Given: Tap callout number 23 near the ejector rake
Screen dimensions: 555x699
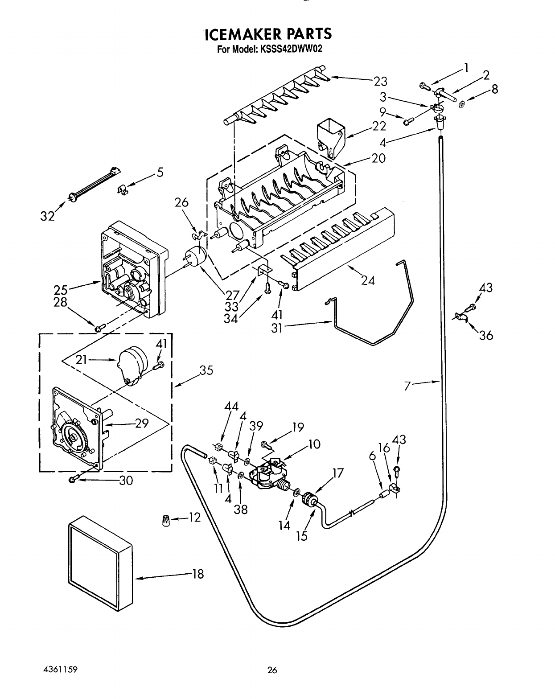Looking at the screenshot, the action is coord(381,81).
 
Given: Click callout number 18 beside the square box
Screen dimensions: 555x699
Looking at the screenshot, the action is coord(198,574).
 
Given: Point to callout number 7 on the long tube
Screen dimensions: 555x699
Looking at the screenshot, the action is coord(407,387).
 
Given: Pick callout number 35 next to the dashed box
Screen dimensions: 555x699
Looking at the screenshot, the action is coord(207,370).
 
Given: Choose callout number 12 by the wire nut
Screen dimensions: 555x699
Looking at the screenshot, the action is coord(195,517).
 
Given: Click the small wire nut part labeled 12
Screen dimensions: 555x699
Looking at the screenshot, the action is coord(166,521).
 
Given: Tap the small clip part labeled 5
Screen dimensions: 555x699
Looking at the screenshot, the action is coord(123,190).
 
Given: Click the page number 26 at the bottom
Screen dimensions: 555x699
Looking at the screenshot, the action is coord(272,670).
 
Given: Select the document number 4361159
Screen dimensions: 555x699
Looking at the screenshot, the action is coord(60,670).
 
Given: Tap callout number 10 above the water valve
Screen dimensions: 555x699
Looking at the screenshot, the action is coord(314,444).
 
